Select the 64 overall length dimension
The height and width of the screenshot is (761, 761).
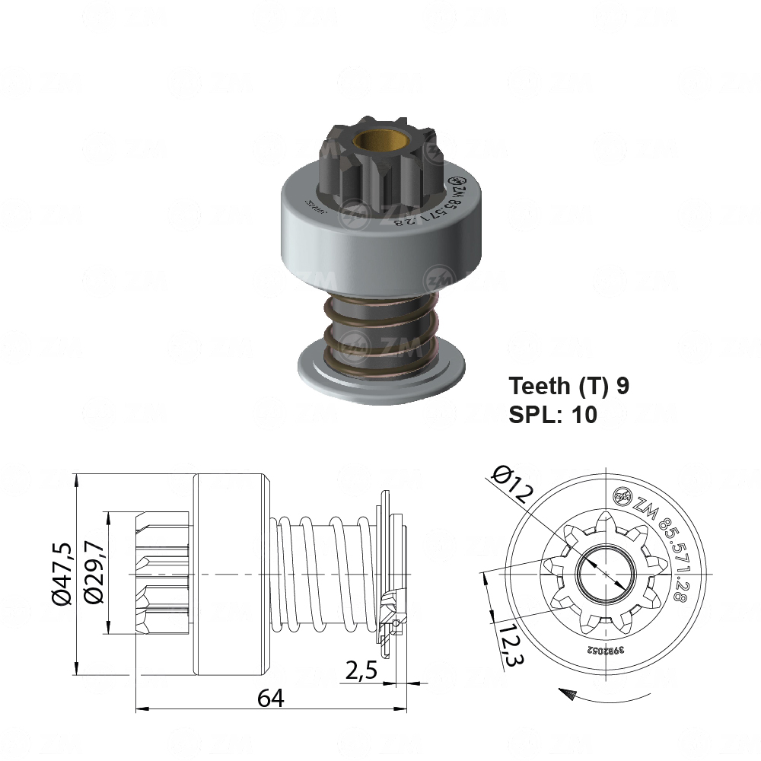point(270,697)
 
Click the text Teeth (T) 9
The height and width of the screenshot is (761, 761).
point(568,386)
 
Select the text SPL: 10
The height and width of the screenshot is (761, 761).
point(552,414)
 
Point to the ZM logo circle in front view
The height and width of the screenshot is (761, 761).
point(622,498)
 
